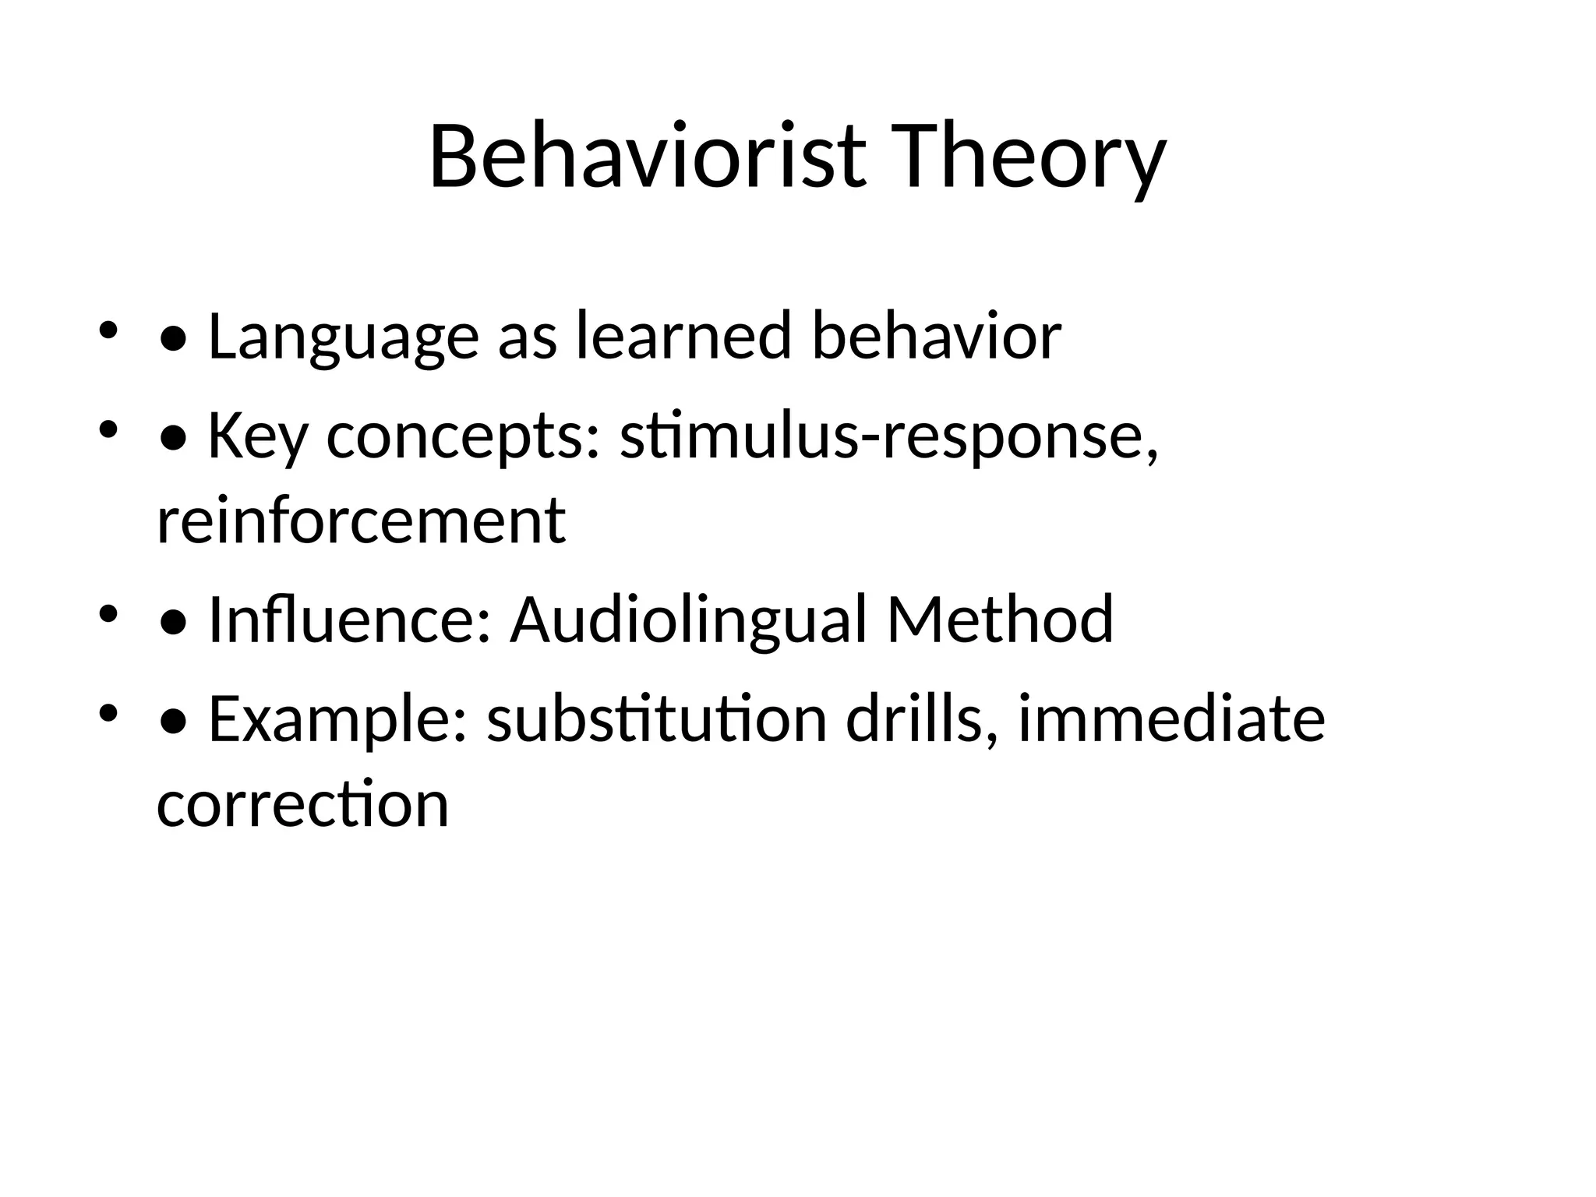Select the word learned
pos(683,337)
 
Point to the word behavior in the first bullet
pos(936,337)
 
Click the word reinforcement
pos(361,521)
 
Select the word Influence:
pos(350,620)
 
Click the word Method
pos(1000,620)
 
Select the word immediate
pos(1171,719)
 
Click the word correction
pos(303,804)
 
